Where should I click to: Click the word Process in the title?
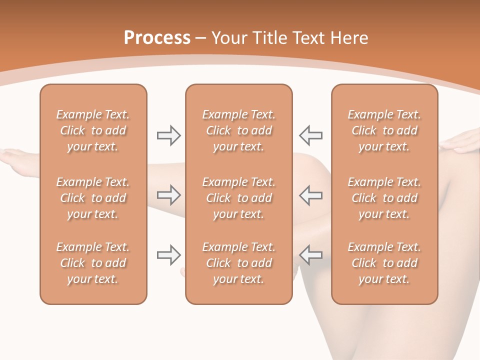coord(157,38)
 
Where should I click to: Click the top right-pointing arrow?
coord(168,135)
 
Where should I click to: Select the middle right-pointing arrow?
coord(168,195)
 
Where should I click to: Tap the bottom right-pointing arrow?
coord(168,255)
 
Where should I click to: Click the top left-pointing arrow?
coord(311,135)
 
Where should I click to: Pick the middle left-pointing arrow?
coord(311,195)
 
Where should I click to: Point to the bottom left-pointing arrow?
coord(311,255)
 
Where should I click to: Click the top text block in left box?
coord(93,130)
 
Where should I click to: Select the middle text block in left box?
coord(93,198)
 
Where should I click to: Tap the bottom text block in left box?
coord(93,263)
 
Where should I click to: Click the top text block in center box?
coord(239,130)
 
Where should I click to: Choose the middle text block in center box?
coord(239,198)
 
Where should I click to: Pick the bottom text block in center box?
coord(239,263)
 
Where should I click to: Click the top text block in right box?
coord(384,130)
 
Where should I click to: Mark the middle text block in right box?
coord(384,198)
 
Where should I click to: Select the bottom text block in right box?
coord(384,263)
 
